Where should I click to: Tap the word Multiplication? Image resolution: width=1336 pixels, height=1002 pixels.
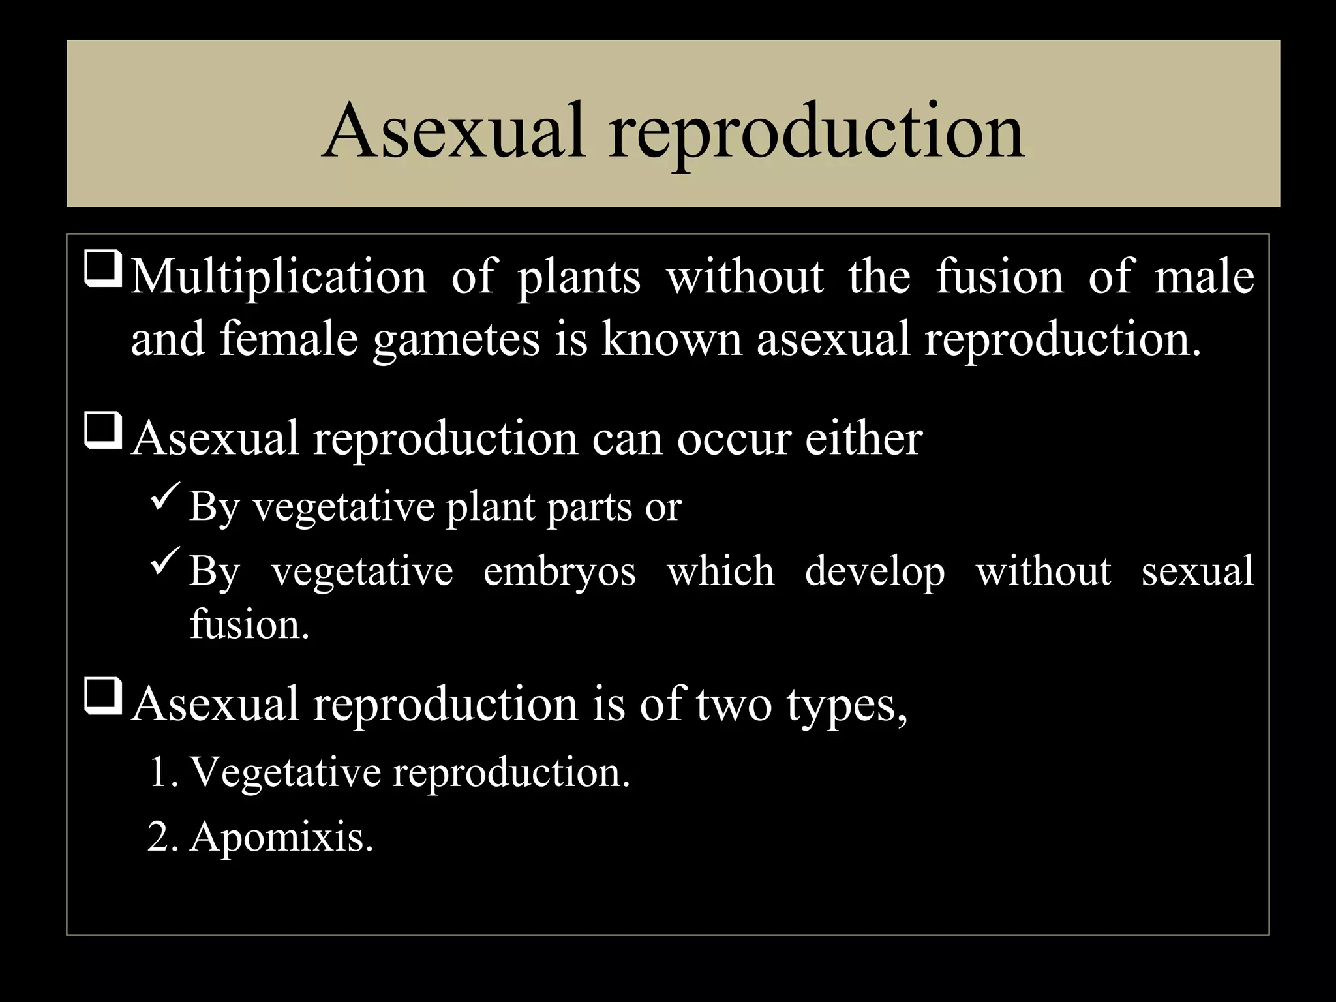point(279,277)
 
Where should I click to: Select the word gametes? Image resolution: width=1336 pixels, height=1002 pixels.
point(456,341)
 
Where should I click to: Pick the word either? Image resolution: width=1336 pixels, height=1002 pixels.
point(863,438)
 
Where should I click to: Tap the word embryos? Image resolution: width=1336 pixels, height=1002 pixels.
point(559,572)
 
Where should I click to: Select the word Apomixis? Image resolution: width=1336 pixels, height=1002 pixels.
point(281,837)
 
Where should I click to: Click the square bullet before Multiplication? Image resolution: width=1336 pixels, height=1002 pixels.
point(102,273)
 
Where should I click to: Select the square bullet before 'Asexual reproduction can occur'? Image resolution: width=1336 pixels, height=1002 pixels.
point(102,433)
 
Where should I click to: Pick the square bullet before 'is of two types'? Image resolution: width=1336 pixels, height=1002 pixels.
point(102,699)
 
